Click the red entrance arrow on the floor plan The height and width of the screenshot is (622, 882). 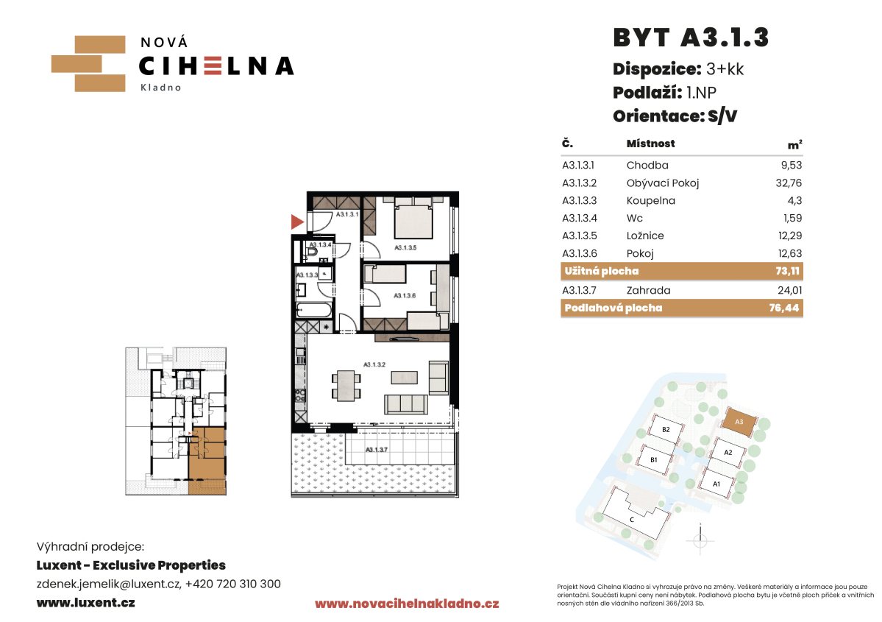coord(296,222)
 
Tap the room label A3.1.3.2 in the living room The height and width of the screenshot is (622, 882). coord(374,365)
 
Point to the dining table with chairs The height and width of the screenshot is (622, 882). coord(346,385)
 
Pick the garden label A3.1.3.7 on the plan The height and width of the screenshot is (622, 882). coord(377,450)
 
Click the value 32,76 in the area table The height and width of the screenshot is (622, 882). coord(789,183)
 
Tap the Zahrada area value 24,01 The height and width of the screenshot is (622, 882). coord(790,291)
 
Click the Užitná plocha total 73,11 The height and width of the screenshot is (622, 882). coord(788,271)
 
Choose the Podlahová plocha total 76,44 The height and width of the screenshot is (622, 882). coord(784,308)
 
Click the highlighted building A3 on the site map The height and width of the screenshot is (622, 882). coord(739,422)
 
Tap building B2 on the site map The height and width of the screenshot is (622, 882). coord(666,429)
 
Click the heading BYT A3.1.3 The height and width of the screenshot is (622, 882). coord(691,38)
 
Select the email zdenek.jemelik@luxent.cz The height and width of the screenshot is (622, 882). coord(109,584)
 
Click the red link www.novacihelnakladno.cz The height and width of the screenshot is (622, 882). coord(407,604)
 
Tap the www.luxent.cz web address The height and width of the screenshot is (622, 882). coord(85,603)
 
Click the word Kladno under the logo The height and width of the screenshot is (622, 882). coord(161,88)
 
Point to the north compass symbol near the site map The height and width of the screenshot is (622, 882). coord(700,540)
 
